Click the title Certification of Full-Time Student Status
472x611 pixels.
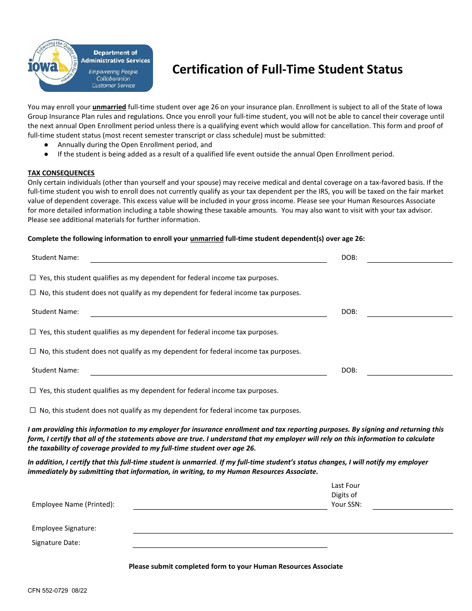[x=287, y=69]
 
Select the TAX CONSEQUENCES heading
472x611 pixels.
[x=61, y=173]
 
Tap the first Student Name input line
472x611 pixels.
[x=208, y=258]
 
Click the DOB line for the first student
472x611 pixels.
[x=409, y=258]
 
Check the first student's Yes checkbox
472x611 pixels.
[x=33, y=278]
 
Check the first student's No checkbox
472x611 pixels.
[x=33, y=293]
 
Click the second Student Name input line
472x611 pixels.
[x=208, y=312]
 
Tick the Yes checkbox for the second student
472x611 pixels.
[x=33, y=332]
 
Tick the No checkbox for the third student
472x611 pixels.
[x=33, y=410]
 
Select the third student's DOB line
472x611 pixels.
[x=409, y=371]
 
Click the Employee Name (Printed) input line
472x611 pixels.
[x=230, y=505]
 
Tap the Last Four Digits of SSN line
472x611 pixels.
[x=412, y=505]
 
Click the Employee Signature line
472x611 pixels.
[x=293, y=529]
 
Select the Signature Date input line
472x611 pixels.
[x=230, y=543]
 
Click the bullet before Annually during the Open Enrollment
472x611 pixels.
[x=46, y=145]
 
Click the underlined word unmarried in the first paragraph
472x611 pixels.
[x=109, y=107]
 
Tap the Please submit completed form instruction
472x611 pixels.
[x=236, y=566]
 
